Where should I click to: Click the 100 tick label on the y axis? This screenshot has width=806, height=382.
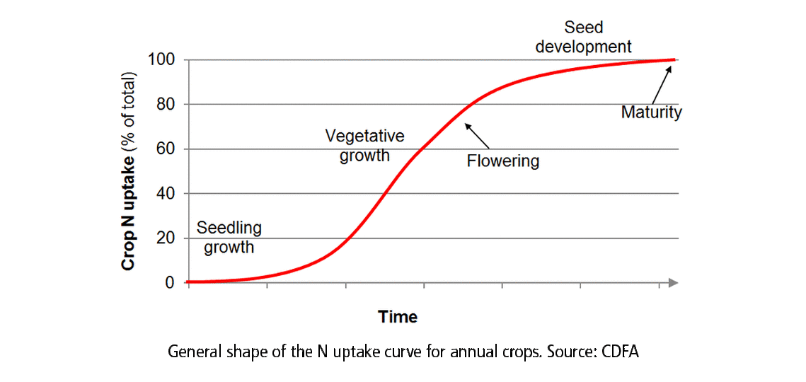[x=161, y=59]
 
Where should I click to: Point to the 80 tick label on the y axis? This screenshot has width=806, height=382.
[x=164, y=105]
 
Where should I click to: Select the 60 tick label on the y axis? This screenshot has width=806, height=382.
[x=164, y=149]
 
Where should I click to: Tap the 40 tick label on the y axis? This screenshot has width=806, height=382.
[x=164, y=194]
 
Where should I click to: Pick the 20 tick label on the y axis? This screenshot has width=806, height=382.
[x=164, y=238]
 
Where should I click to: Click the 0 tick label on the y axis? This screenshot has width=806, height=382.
[x=169, y=283]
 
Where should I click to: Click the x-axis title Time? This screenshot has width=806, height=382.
[x=398, y=317]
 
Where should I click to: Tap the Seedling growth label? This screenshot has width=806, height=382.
[x=229, y=238]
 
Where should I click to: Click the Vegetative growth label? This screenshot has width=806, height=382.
[x=364, y=145]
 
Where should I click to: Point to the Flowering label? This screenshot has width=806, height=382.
[x=502, y=161]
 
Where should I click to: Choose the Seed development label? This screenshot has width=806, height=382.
[x=583, y=37]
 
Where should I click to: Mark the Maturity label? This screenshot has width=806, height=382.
[x=651, y=112]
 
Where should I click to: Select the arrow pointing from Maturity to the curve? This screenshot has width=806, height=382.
[x=660, y=84]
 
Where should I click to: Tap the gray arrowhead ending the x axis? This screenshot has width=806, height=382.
[x=673, y=283]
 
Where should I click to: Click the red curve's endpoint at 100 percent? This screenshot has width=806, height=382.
[x=673, y=60]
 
